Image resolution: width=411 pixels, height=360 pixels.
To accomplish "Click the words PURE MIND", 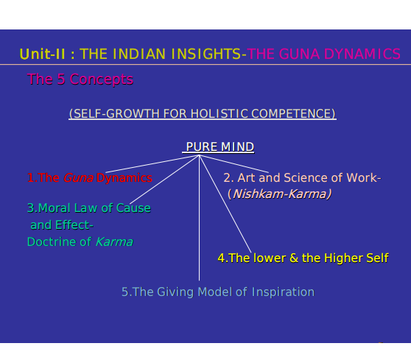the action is [220, 147].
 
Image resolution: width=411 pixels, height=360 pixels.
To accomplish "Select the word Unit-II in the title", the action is [42, 54].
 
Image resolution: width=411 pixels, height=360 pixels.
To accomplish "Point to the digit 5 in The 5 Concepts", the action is [61, 79].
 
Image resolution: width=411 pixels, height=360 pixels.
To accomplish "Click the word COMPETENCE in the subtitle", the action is [293, 113].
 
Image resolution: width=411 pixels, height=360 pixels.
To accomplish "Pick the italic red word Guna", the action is [78, 178].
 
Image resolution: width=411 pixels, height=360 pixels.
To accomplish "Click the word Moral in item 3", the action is [55, 208].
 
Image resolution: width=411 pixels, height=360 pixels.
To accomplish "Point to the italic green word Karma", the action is [114, 241].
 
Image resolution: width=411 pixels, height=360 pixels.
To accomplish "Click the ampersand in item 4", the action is [294, 258].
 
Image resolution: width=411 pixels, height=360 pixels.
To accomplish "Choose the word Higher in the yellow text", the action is [343, 258].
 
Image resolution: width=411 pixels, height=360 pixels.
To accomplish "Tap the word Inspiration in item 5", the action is [283, 292].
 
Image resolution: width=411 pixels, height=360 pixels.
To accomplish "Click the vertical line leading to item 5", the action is [199, 218].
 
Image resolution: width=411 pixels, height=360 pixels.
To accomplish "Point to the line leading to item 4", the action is [225, 204].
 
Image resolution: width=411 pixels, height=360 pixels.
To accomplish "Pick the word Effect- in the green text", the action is [74, 225].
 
